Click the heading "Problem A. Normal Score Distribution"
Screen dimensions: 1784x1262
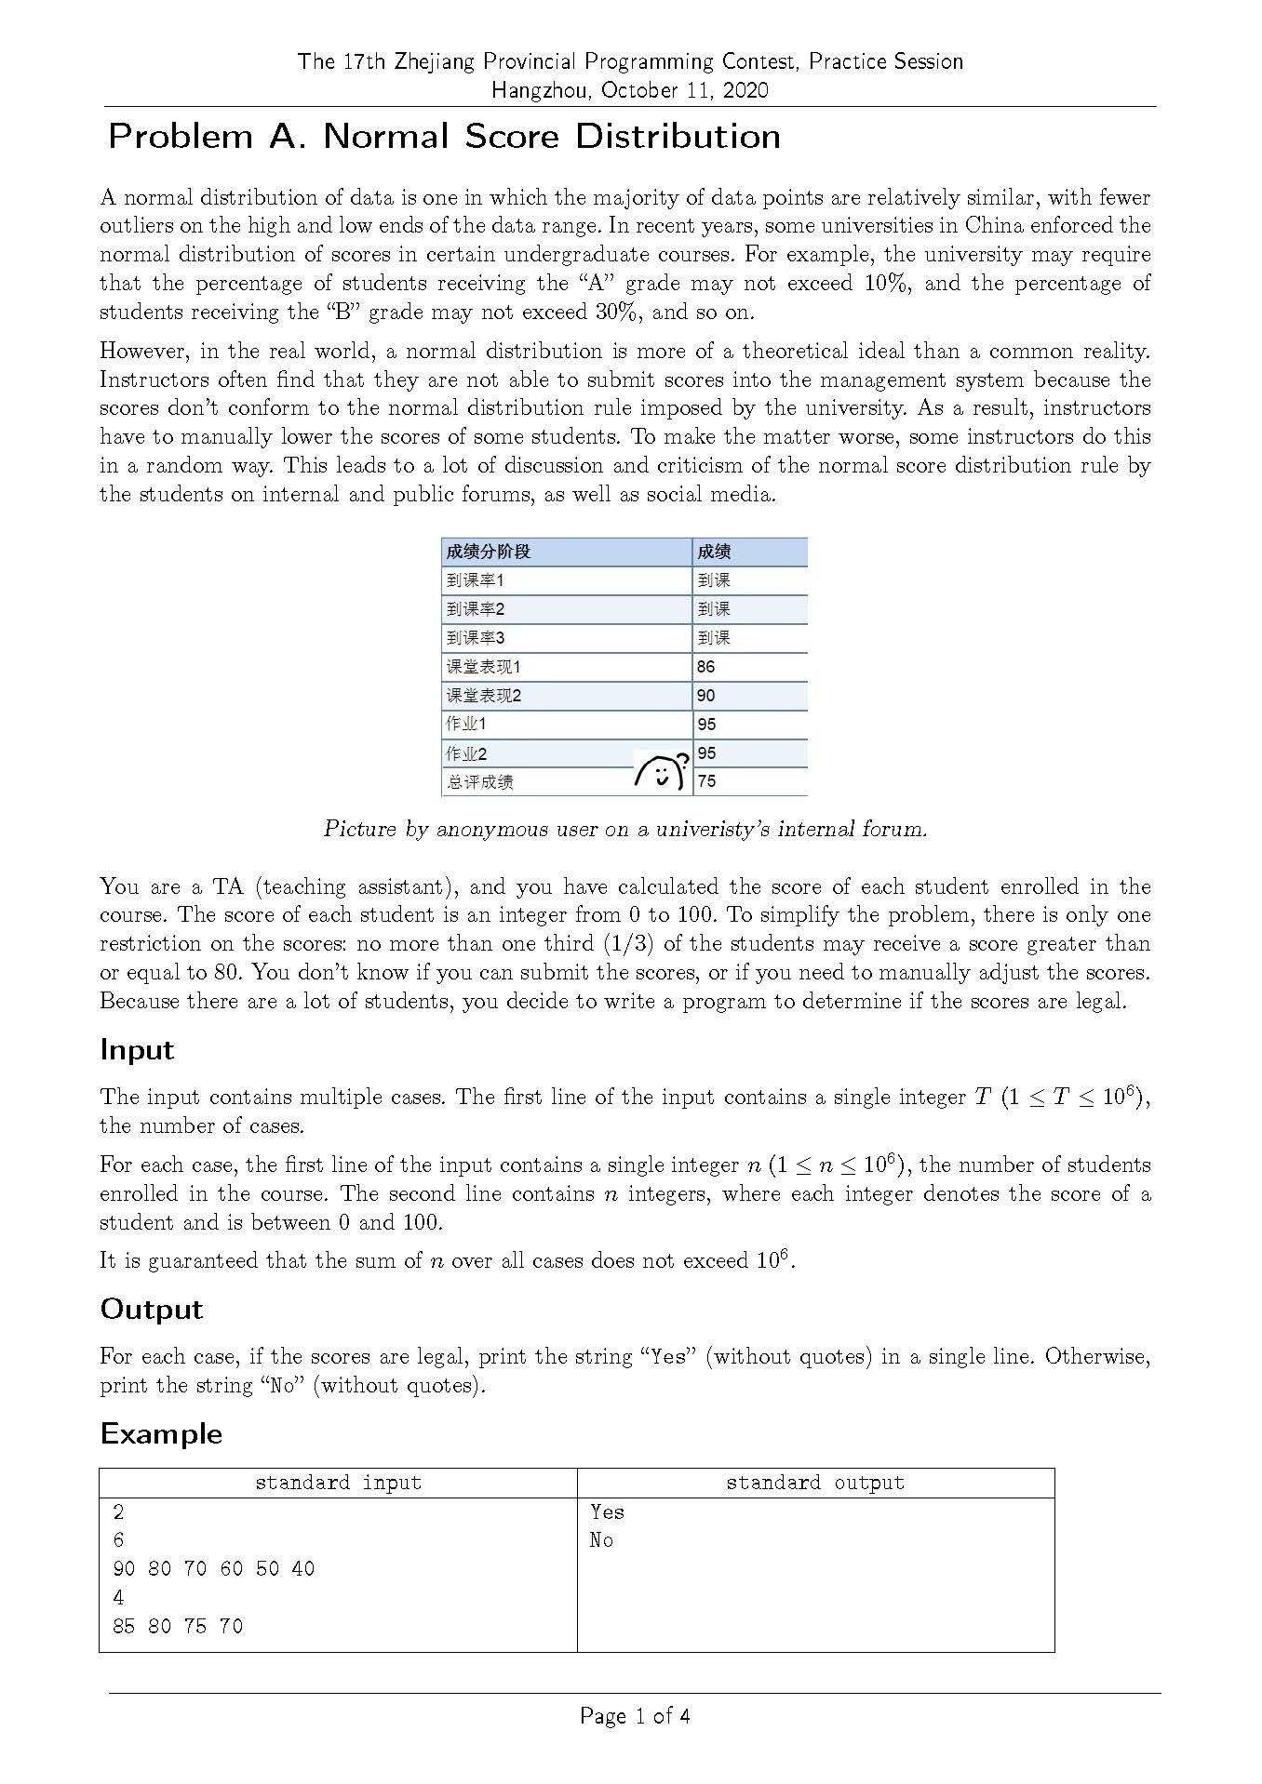(x=444, y=137)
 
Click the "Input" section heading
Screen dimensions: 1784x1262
(x=137, y=1050)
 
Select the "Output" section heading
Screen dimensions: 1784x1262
(x=151, y=1310)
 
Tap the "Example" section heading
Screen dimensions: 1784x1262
(x=161, y=1433)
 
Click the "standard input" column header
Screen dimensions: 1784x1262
(x=338, y=1483)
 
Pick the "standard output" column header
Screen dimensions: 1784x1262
(x=814, y=1483)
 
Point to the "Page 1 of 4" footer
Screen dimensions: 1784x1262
(x=635, y=1716)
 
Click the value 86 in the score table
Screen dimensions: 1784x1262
(x=706, y=667)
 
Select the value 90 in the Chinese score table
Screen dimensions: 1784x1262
(x=706, y=696)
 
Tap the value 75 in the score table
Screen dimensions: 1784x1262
(x=706, y=781)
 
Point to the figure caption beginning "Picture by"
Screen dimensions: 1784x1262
(x=625, y=829)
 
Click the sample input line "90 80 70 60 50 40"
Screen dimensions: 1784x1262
(x=214, y=1569)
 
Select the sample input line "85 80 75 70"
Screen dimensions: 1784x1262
(x=178, y=1626)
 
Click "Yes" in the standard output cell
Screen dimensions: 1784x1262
(x=607, y=1512)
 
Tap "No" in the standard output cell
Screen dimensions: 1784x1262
(x=601, y=1540)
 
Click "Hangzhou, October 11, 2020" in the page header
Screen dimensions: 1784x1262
(x=630, y=90)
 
